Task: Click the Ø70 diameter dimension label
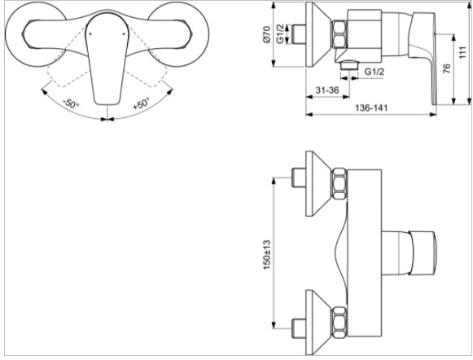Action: click(267, 34)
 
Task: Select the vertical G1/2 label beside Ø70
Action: click(280, 34)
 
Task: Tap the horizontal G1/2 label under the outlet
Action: click(374, 72)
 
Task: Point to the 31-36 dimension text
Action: click(327, 90)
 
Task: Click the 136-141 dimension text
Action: click(371, 108)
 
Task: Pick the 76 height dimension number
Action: click(448, 68)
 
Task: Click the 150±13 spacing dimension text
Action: click(267, 255)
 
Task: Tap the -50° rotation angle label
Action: click(71, 104)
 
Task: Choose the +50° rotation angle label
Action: click(141, 103)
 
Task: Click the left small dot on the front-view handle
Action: click(90, 33)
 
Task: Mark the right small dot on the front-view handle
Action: click(124, 33)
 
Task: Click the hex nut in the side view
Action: click(339, 34)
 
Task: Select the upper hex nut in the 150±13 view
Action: click(339, 184)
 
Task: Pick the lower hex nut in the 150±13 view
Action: click(339, 323)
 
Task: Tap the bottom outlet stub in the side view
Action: click(348, 65)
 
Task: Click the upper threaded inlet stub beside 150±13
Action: click(299, 178)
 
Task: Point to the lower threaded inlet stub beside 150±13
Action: click(299, 328)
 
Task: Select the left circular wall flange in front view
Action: click(36, 36)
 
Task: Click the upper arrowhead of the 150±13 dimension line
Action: click(274, 181)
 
